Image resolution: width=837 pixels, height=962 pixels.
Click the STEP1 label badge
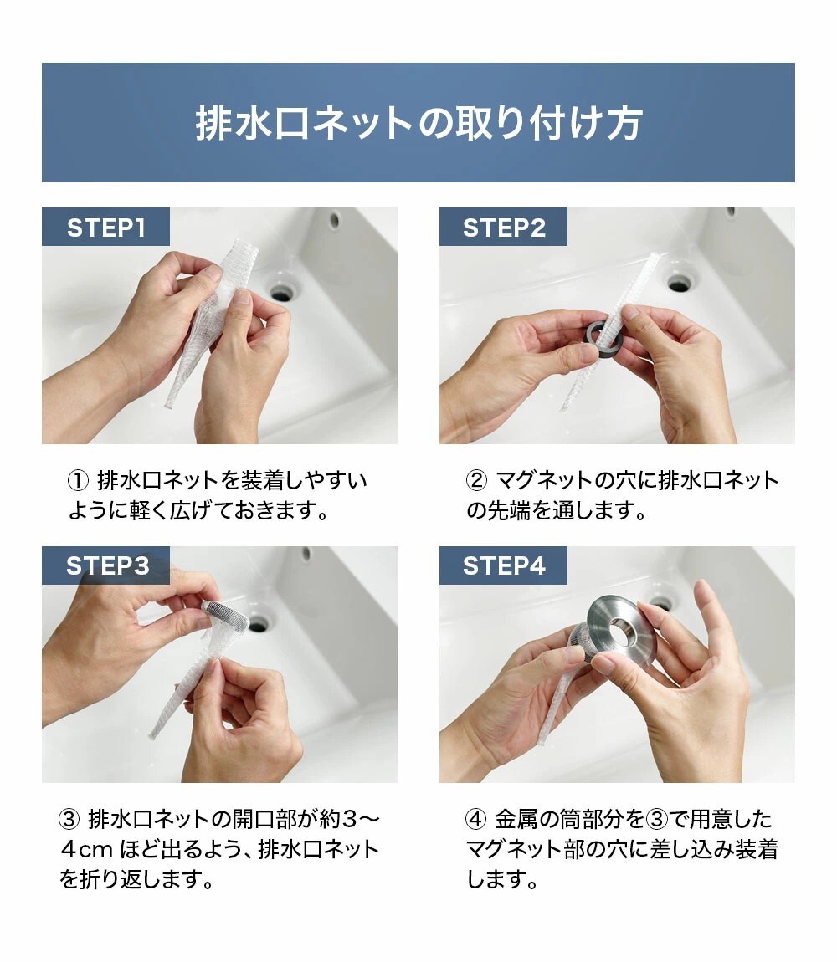105,227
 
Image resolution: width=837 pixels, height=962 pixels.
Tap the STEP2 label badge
504,227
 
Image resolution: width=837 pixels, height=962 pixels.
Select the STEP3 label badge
105,565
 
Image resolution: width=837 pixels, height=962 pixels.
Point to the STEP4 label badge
504,565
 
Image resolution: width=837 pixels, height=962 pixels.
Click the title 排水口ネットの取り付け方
418,123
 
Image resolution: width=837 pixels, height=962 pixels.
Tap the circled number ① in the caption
78,481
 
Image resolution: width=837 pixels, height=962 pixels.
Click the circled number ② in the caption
476,481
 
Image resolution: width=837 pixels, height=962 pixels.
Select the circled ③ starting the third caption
69,820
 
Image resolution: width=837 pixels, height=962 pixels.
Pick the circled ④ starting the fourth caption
476,820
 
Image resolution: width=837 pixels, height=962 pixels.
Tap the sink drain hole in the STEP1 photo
282,291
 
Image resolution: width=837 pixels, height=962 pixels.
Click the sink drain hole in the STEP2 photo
680,283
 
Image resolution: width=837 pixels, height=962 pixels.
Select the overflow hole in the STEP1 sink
335,219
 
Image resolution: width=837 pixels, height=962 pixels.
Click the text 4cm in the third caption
86,851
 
